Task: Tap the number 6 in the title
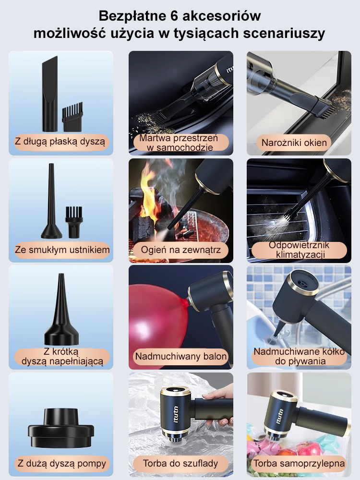click(x=174, y=16)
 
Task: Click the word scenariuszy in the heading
click(x=284, y=34)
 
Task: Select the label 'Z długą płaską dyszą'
click(x=60, y=142)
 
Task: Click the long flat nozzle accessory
click(x=50, y=94)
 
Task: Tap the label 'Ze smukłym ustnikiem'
click(x=62, y=250)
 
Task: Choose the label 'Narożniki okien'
click(x=294, y=143)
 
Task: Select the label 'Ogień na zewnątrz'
click(x=180, y=250)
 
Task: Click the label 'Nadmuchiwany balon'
click(x=181, y=356)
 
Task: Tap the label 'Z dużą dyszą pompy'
click(x=62, y=464)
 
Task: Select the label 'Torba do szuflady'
click(x=180, y=464)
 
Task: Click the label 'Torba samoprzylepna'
click(x=299, y=464)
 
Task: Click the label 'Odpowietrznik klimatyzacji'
click(x=299, y=250)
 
